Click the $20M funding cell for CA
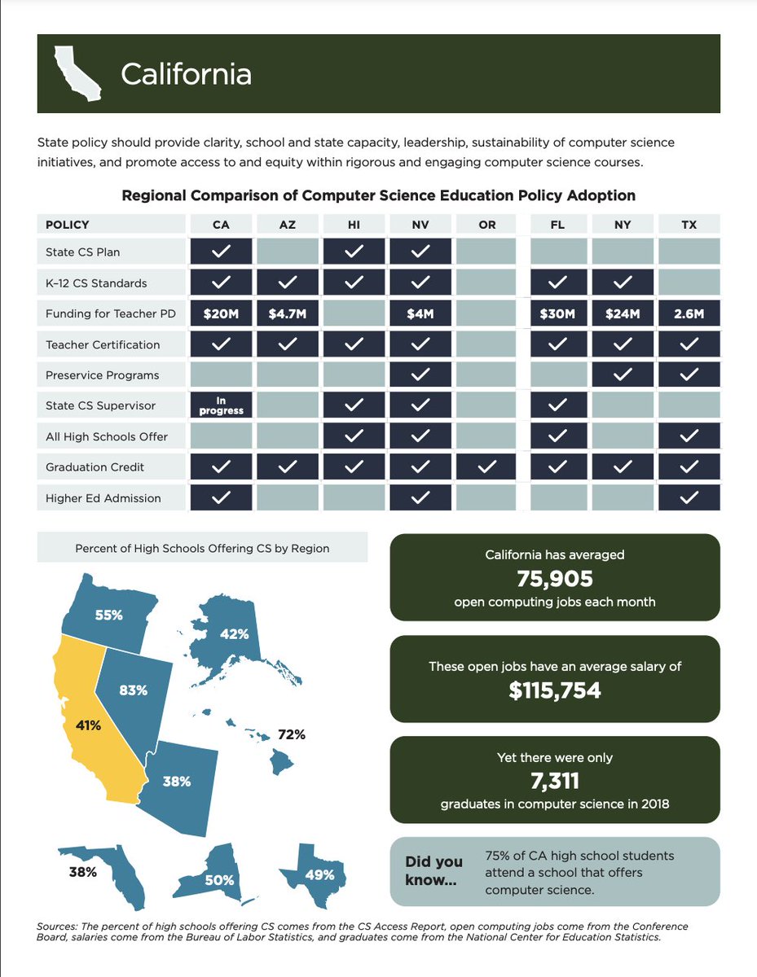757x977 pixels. [221, 314]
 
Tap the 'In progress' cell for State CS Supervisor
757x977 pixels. [221, 406]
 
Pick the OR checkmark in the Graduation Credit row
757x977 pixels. [486, 467]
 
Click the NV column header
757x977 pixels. [420, 225]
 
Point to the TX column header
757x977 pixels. [689, 225]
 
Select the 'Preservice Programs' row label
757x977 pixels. [103, 375]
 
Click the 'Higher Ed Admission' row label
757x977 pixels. [103, 498]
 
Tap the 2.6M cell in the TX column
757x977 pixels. [689, 314]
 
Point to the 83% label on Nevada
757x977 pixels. [134, 690]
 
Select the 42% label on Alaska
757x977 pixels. [234, 634]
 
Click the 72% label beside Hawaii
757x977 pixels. [292, 734]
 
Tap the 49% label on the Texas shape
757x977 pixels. [320, 875]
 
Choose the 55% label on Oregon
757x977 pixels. [108, 616]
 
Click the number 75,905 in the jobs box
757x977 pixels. [554, 579]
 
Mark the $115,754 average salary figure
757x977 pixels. [554, 691]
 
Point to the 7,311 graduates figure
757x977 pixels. [554, 782]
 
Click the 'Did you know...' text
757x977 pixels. [434, 871]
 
